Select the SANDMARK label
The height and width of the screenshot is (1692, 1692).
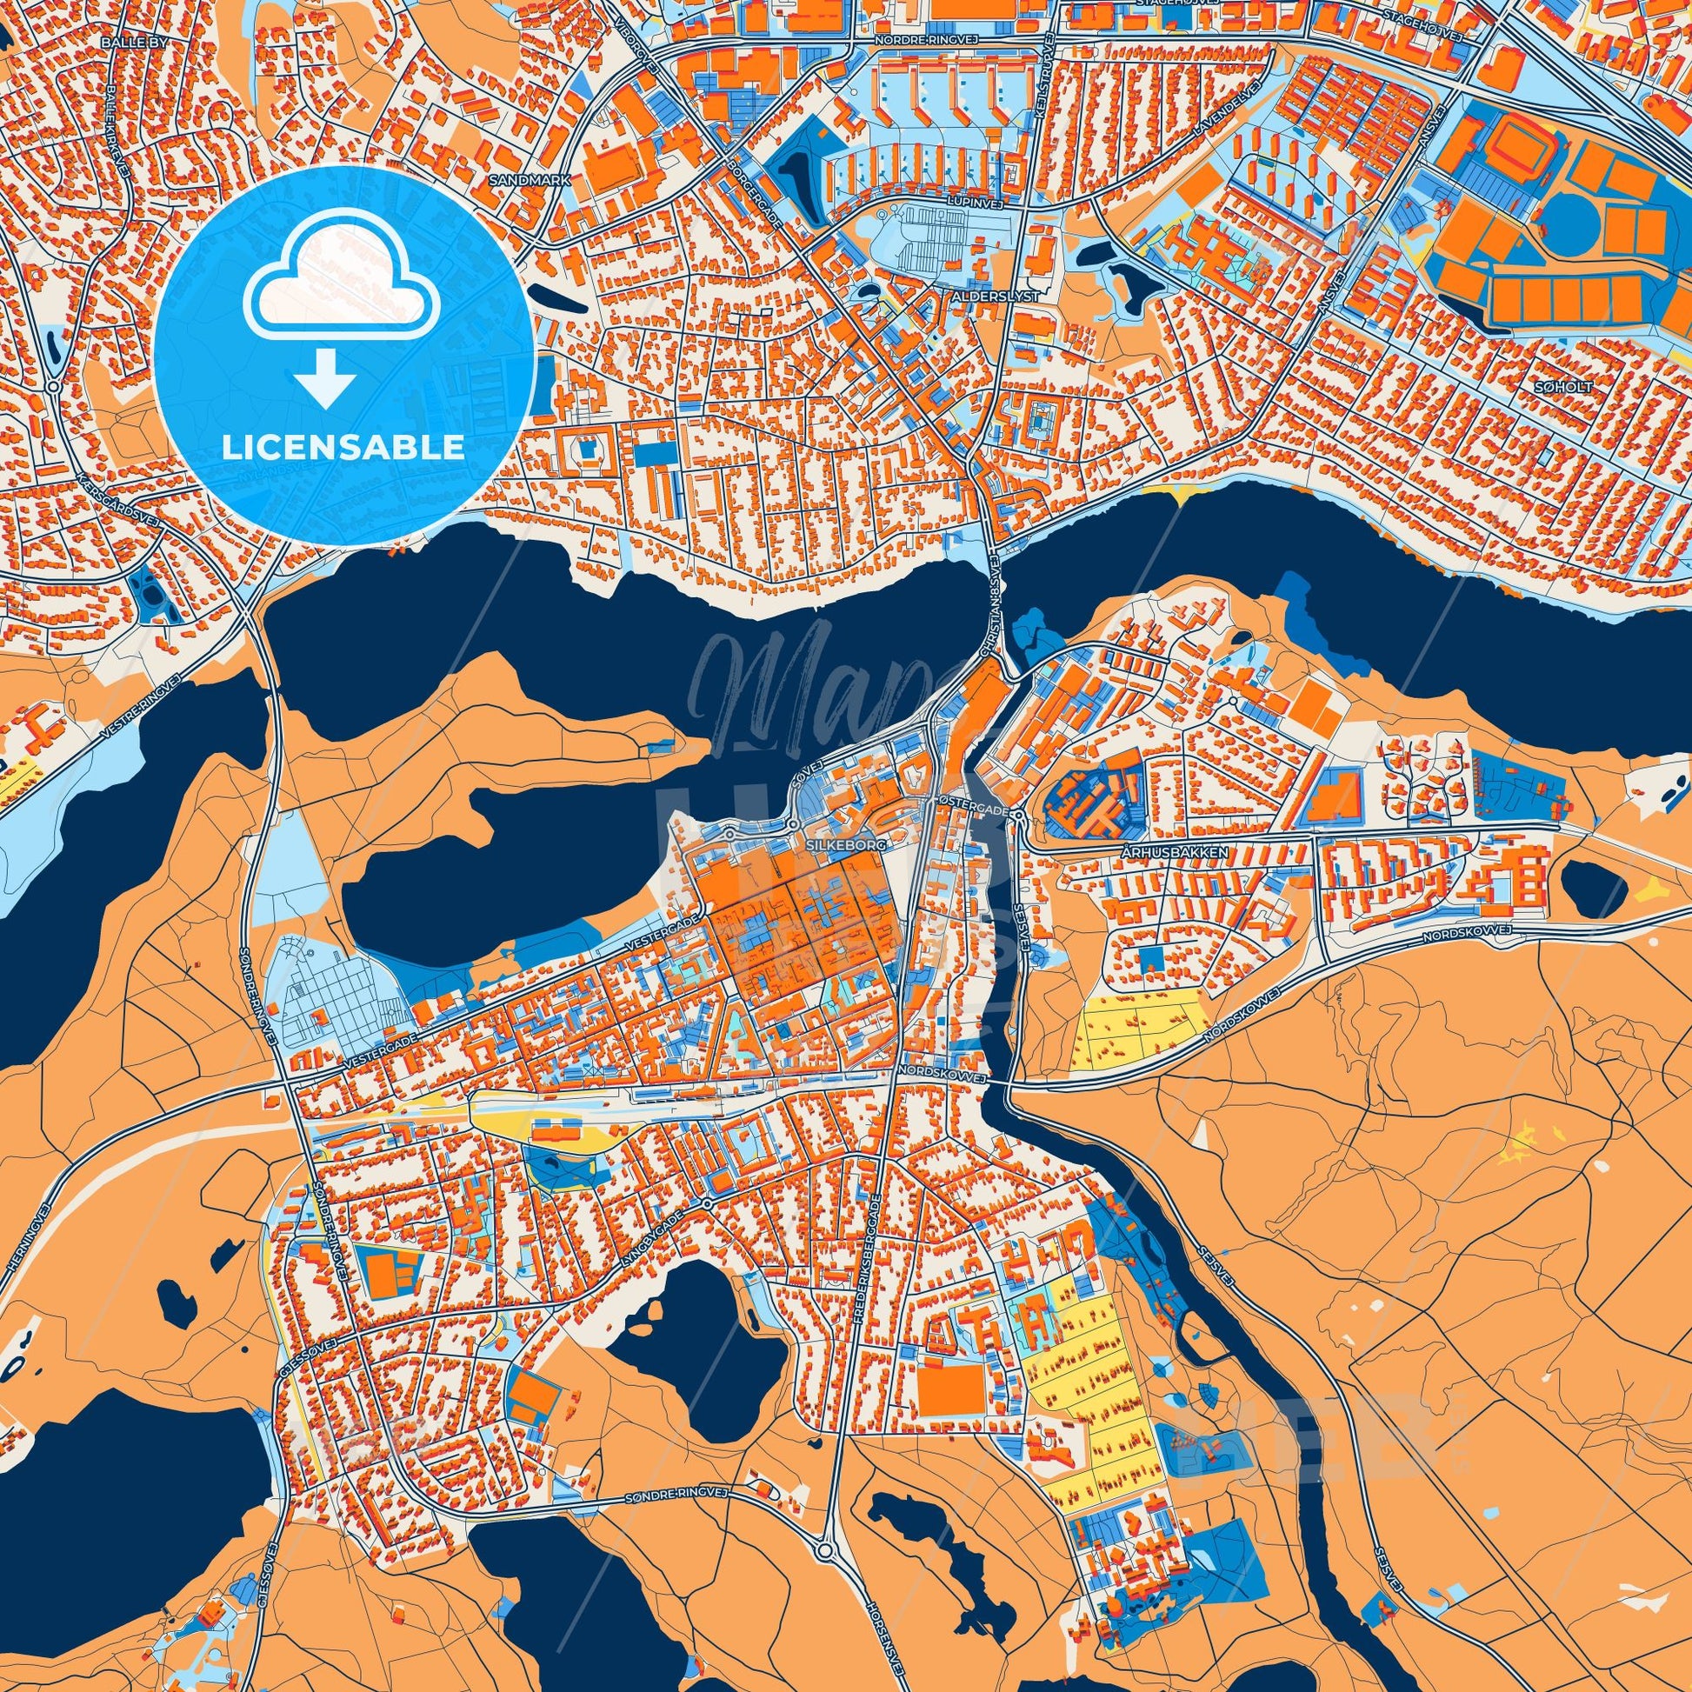531,178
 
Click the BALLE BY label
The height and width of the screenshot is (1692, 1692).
132,41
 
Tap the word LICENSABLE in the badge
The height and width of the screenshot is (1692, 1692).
343,448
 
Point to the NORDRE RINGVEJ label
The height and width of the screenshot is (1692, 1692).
932,41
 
